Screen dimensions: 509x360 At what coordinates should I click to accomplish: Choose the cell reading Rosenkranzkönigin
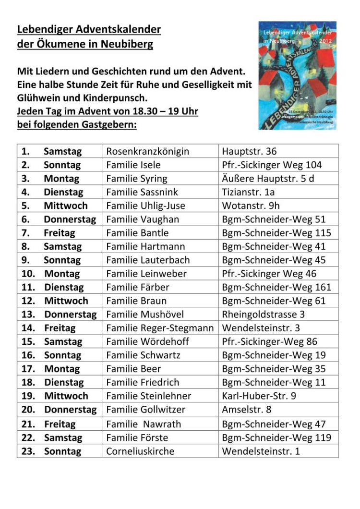pos(148,151)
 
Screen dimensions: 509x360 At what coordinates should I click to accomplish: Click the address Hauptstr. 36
pos(249,151)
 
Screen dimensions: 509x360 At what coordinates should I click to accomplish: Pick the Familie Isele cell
pos(133,165)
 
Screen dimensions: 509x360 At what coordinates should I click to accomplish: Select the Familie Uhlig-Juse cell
pos(145,206)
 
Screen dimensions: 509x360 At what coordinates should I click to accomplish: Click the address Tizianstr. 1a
pos(248,192)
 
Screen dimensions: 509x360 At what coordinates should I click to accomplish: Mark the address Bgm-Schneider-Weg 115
pos(276,233)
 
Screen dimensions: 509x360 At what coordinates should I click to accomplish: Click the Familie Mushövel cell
pos(145,315)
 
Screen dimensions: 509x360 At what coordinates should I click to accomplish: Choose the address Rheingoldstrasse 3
pos(264,315)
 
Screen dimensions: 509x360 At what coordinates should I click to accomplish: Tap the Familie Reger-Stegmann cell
pos(160,328)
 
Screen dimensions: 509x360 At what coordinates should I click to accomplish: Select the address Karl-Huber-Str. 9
pos(259,396)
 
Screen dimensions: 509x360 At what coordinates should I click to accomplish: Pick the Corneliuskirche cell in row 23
pos(140,451)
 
